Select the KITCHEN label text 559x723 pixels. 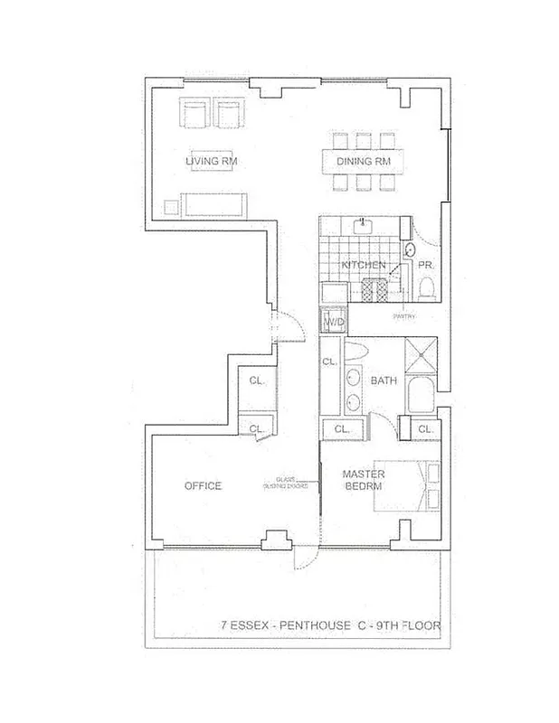point(364,265)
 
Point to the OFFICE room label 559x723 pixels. point(203,485)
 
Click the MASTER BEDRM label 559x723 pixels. point(365,481)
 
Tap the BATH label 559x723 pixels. point(383,380)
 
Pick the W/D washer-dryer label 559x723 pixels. point(334,322)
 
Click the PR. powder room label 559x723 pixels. point(425,265)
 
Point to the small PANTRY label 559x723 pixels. point(403,316)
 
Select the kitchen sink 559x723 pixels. point(365,224)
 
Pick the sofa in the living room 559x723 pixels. point(213,204)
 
